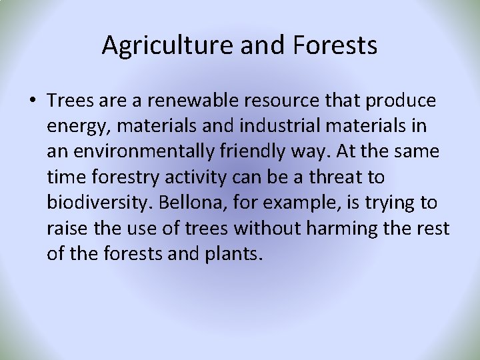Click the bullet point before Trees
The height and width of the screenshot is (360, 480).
[x=33, y=101]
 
